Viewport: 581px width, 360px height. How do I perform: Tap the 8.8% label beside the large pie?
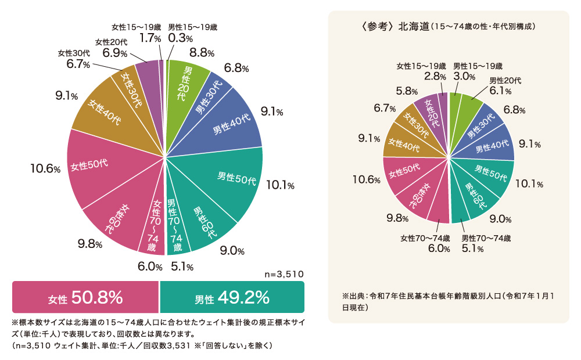202,52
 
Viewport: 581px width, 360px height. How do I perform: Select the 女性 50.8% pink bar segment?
85,298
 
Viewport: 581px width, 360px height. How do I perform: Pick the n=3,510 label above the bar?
284,273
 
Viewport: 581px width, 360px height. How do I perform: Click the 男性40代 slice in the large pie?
232,125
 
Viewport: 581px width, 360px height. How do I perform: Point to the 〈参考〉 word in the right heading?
378,27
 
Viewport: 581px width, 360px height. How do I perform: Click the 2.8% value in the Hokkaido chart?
435,76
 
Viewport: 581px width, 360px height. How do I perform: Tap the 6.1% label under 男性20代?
500,91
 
